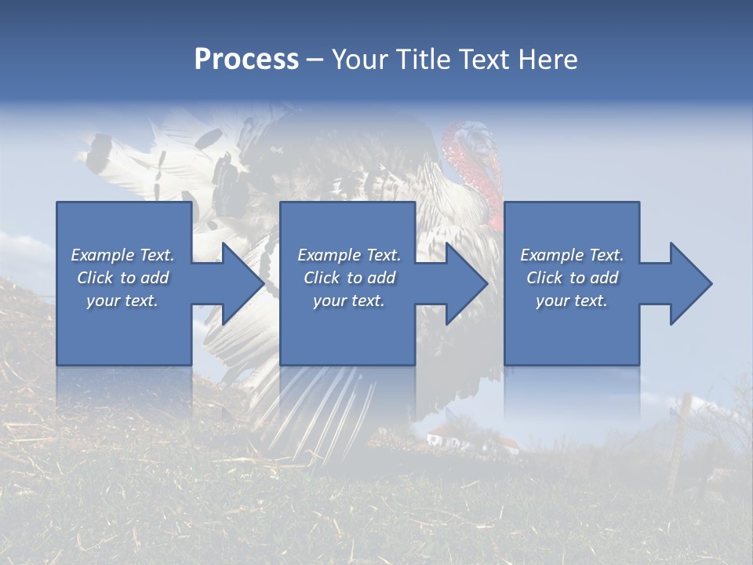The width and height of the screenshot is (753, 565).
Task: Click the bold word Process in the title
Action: click(x=246, y=60)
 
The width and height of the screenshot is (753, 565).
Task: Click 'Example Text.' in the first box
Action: click(x=122, y=255)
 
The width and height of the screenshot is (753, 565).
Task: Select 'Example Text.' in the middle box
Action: click(x=348, y=255)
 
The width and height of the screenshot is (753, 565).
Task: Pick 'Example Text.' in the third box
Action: click(x=572, y=255)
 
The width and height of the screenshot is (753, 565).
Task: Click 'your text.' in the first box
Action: click(x=122, y=301)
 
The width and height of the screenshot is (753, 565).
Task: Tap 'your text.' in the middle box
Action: click(x=348, y=301)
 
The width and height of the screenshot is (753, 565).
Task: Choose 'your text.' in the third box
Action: click(x=572, y=301)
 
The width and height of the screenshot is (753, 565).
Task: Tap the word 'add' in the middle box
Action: click(x=381, y=278)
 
